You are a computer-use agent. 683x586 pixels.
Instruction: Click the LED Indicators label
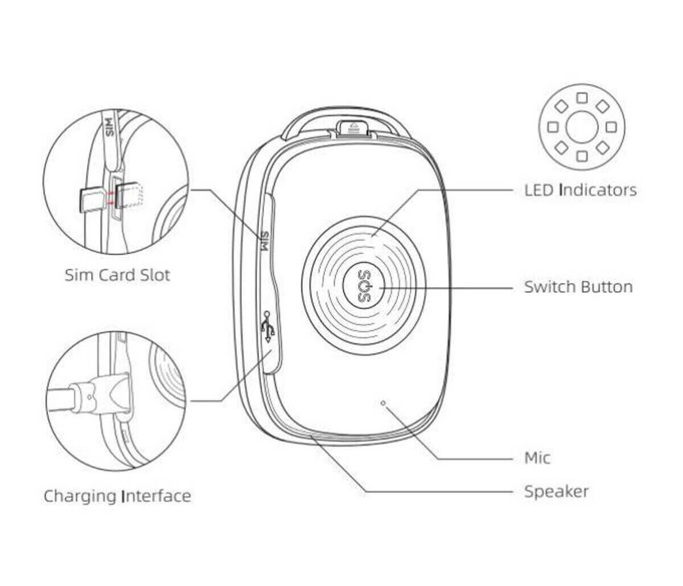[580, 190]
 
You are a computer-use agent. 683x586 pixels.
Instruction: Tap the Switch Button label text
[578, 286]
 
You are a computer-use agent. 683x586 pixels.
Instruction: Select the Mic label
[537, 458]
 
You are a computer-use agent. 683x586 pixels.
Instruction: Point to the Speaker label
[557, 492]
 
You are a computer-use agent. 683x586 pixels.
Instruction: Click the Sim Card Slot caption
[117, 275]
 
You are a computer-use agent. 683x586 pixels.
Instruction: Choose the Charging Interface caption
[117, 496]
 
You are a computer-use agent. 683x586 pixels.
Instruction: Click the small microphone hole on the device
[383, 403]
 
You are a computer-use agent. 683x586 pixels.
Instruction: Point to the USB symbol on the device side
[268, 327]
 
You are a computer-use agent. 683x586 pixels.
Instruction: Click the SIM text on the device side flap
[264, 240]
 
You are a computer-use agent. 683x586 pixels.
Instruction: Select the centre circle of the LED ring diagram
[582, 127]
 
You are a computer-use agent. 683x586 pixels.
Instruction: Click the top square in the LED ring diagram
[582, 98]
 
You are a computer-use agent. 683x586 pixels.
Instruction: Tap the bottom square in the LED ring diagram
[582, 156]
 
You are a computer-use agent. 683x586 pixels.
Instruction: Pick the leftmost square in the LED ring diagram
[553, 127]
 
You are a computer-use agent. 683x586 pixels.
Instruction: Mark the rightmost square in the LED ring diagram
[611, 127]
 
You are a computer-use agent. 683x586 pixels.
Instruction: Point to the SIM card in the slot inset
[93, 200]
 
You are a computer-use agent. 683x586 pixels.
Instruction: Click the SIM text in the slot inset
[109, 126]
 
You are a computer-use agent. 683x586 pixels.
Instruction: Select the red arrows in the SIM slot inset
[110, 198]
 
